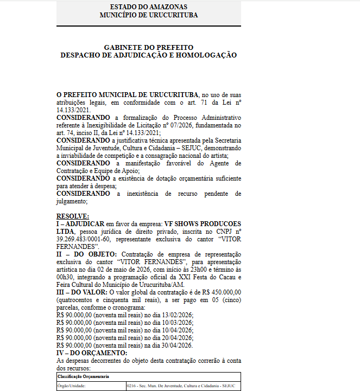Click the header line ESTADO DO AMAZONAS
point(148,7)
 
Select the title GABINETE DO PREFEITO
point(148,47)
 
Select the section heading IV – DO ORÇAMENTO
point(92,353)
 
